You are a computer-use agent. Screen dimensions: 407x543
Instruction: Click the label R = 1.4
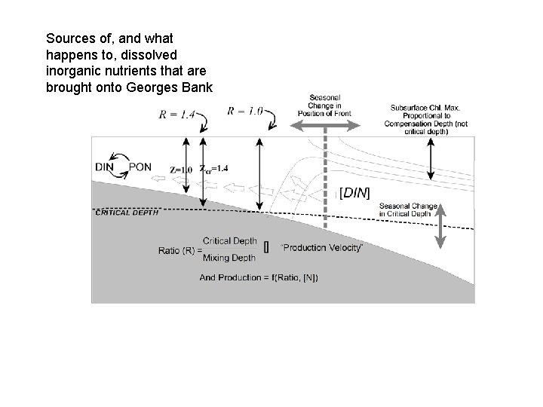point(176,115)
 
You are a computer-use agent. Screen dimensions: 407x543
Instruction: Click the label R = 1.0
point(245,111)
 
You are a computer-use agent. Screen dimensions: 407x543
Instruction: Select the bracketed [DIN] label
point(355,193)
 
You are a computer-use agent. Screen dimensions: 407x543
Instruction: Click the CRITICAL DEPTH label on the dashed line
point(127,212)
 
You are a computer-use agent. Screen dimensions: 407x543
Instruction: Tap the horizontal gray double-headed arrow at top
point(325,130)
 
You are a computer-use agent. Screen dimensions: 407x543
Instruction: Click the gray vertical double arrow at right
point(441,225)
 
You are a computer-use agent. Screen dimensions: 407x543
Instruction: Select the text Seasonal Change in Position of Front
point(325,105)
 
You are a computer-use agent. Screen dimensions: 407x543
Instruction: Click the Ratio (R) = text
point(180,249)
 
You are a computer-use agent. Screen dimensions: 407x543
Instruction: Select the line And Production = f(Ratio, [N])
point(259,277)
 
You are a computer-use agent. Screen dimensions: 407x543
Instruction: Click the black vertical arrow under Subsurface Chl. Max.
point(430,161)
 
